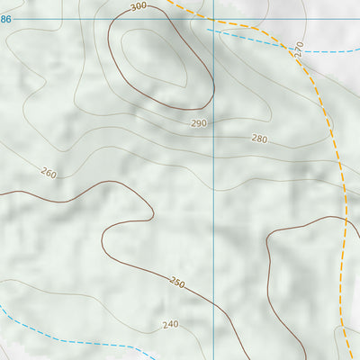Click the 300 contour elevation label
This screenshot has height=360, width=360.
[x=138, y=7]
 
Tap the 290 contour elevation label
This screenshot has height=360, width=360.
[x=199, y=122]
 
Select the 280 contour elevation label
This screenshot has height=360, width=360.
[x=259, y=139]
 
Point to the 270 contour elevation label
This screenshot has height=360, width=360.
[x=299, y=47]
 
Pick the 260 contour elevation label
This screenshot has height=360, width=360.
[x=49, y=173]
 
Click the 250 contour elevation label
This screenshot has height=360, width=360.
[x=177, y=283]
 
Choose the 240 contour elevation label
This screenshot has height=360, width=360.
[x=171, y=325]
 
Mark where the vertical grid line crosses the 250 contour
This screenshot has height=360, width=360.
[x=213, y=307]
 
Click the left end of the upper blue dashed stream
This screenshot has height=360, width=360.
[x=207, y=30]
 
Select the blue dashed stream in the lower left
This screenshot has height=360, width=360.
[x=54, y=340]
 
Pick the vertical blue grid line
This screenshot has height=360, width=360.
[x=213, y=180]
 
